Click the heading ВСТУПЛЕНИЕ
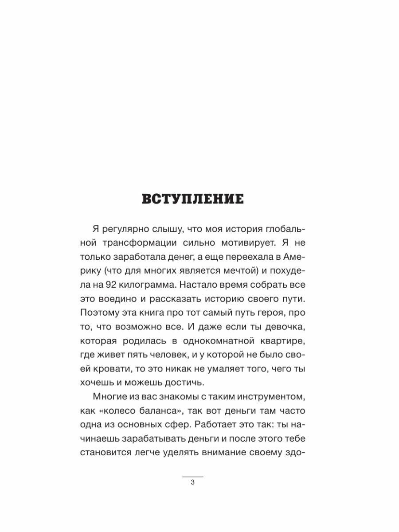193,199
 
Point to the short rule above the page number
193,476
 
